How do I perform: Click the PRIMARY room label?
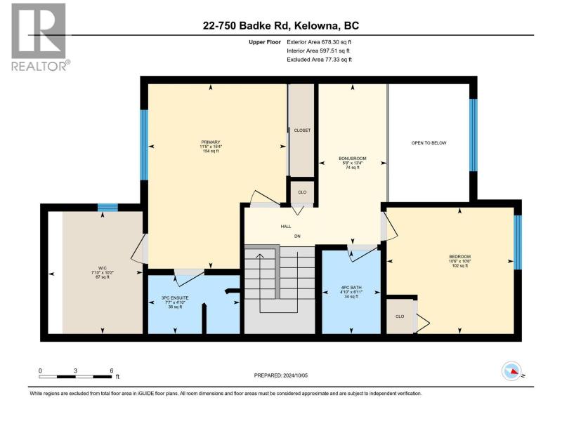(210, 142)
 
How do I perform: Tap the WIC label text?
(102, 268)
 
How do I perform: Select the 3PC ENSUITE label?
(175, 298)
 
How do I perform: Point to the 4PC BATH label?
(351, 288)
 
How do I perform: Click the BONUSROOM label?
(353, 159)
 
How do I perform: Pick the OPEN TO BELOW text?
(429, 143)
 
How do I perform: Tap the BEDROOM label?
(460, 257)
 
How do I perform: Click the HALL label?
(286, 226)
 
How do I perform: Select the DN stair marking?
(297, 236)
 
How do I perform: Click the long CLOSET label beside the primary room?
(302, 131)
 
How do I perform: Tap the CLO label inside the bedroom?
(400, 316)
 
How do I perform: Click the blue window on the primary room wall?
(144, 145)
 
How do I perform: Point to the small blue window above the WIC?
(108, 208)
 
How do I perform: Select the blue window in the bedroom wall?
(518, 242)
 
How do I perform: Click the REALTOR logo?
(39, 37)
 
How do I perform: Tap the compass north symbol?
(512, 371)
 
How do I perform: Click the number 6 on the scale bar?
(112, 371)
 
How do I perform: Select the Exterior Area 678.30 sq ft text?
(319, 42)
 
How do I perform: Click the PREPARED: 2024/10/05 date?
(280, 375)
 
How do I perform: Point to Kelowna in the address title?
(317, 26)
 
